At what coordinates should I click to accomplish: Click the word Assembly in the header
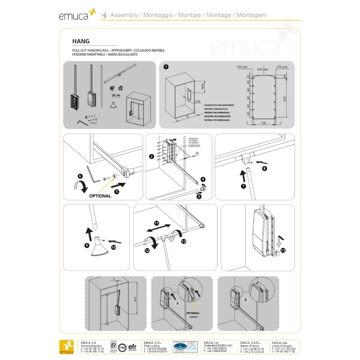coord(124,15)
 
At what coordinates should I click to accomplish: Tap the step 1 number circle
coord(166,67)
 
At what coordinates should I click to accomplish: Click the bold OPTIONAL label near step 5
coord(100,196)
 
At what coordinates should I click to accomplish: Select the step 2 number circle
coord(152,157)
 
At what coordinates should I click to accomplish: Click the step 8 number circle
coord(264,169)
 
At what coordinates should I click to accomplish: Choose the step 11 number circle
coord(157,223)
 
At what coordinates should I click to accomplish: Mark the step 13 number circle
coord(283,250)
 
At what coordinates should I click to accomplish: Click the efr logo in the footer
coord(133,347)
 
